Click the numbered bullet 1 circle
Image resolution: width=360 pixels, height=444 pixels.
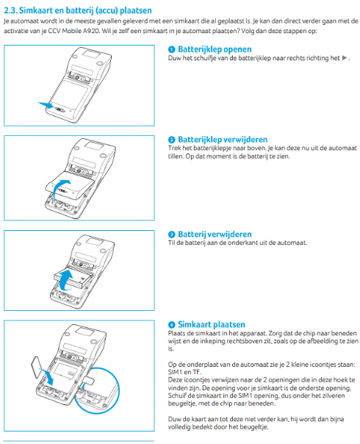coord(172,49)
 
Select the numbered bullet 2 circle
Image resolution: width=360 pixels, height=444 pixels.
coord(172,139)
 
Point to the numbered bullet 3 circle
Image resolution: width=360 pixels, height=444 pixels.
coord(172,233)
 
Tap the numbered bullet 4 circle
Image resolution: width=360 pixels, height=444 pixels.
coord(172,324)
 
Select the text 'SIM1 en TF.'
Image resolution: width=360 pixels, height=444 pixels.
coord(184,372)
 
